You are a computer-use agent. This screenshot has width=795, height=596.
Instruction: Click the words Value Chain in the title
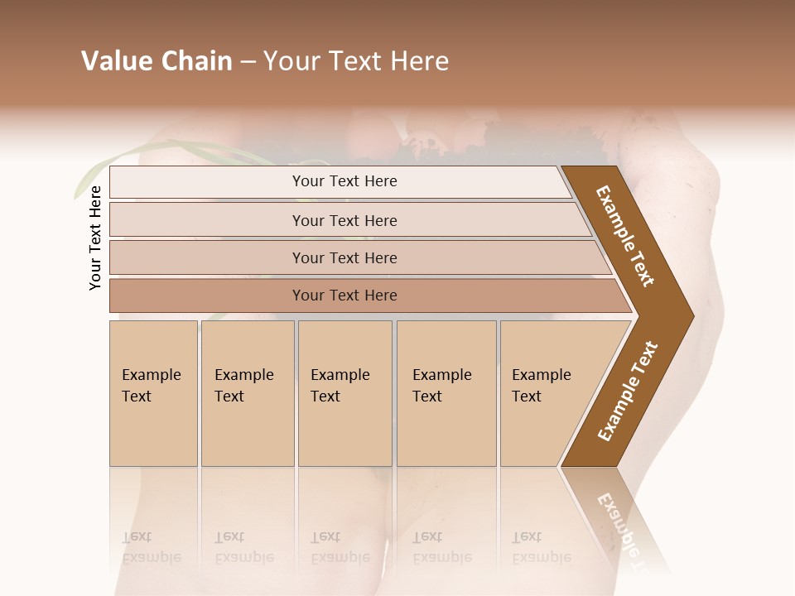(157, 61)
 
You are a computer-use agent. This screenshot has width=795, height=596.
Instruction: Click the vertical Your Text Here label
(95, 238)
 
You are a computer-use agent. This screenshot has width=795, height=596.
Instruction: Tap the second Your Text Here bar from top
(344, 220)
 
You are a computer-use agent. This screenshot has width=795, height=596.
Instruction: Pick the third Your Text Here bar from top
(344, 257)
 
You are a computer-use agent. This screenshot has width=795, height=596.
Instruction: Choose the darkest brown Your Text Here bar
(344, 296)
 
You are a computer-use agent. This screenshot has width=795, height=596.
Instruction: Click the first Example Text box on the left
(153, 392)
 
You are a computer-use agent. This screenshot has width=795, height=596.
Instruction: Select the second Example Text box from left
(247, 392)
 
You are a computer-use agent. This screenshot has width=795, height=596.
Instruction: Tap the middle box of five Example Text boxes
(344, 392)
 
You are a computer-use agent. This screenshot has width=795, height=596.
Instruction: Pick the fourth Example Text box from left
(446, 392)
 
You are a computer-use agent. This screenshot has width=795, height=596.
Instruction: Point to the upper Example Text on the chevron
(625, 236)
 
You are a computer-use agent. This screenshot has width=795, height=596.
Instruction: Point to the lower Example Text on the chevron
(628, 391)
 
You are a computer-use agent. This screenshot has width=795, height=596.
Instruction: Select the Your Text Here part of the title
(356, 61)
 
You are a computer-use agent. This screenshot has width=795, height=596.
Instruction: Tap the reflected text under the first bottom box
(151, 547)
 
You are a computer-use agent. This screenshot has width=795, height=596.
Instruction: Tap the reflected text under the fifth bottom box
(541, 547)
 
